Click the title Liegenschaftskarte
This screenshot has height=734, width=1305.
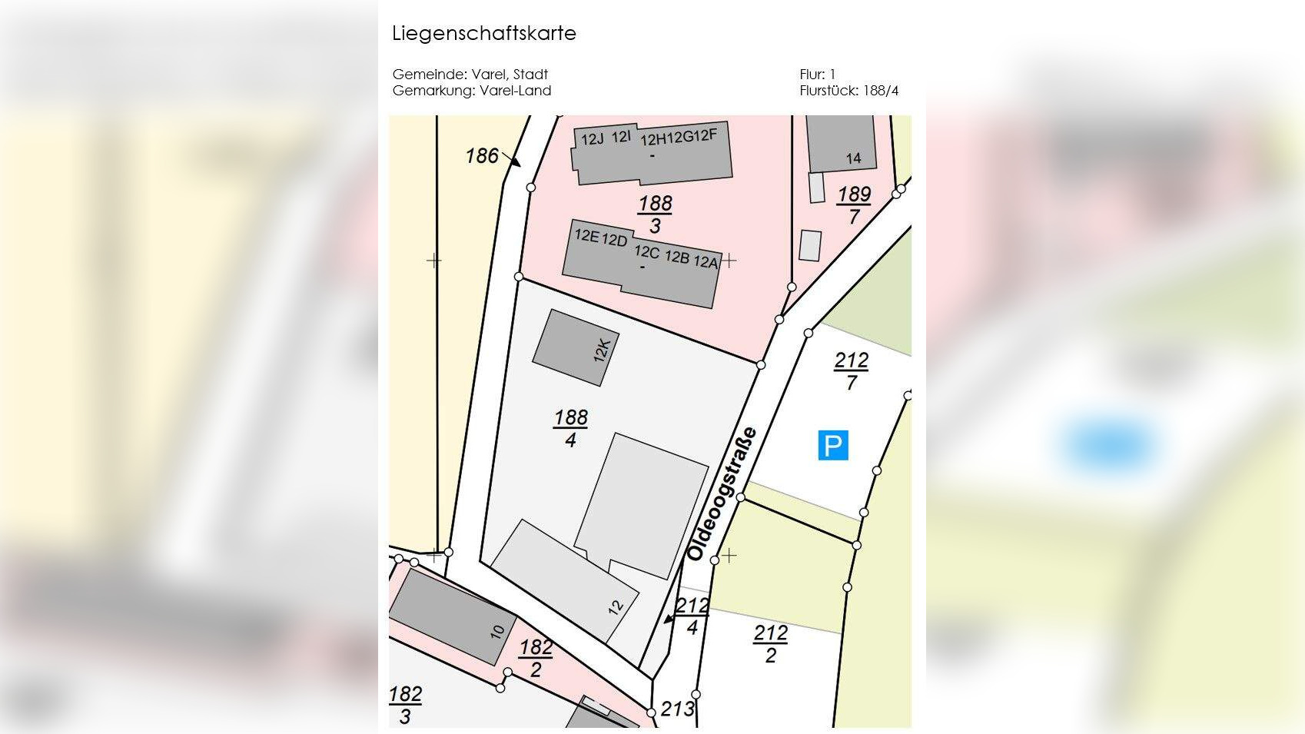point(483,34)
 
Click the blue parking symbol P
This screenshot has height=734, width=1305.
point(833,445)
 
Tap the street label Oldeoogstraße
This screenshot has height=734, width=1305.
point(722,494)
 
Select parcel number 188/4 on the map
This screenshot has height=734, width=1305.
point(570,428)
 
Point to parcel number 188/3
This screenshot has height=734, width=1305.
point(655,214)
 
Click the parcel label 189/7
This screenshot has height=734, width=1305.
point(854,205)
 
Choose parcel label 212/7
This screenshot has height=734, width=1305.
point(852,371)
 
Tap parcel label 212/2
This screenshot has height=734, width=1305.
point(770,644)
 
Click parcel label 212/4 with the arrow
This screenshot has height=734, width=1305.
point(692,616)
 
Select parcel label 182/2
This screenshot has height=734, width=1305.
point(536,659)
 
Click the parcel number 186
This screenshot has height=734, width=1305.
point(482,156)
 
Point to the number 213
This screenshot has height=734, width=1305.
point(677,709)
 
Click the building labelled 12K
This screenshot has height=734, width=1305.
point(576,347)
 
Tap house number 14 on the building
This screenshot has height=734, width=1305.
point(853,158)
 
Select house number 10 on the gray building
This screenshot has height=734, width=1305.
point(497,631)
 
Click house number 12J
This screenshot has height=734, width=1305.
point(592,139)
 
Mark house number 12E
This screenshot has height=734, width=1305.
point(586,236)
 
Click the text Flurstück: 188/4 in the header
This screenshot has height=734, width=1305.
point(848,91)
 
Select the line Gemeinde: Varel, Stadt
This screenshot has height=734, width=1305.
point(470,75)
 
